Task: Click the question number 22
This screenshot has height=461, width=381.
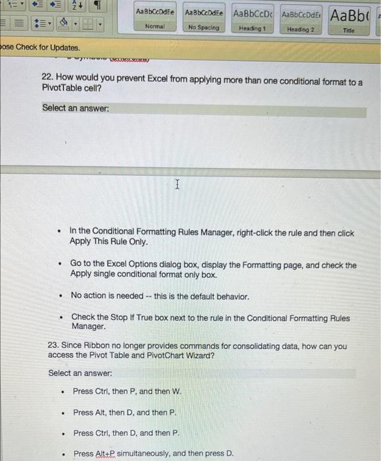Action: pyautogui.click(x=47, y=82)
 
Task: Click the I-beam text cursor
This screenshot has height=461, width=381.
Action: pyautogui.click(x=176, y=186)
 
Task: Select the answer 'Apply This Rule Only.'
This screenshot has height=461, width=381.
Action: pyautogui.click(x=108, y=242)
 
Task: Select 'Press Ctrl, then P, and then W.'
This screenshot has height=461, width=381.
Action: pyautogui.click(x=126, y=391)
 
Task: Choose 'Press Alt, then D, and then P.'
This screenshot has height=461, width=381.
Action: pyautogui.click(x=124, y=412)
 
